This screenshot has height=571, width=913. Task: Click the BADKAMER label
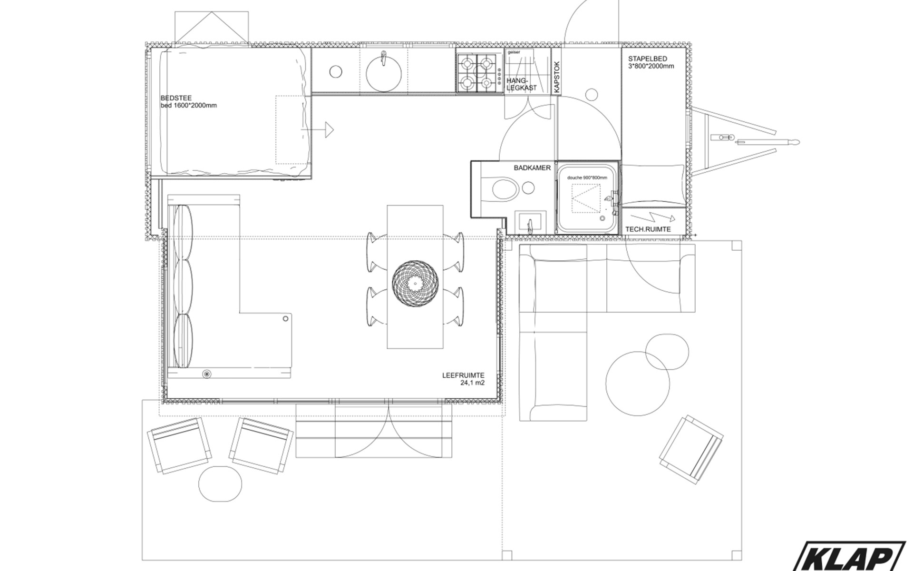click(x=532, y=168)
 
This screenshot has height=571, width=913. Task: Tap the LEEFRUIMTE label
click(x=463, y=375)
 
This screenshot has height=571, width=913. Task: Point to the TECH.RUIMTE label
click(x=648, y=229)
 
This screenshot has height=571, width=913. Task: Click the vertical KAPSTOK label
click(x=557, y=77)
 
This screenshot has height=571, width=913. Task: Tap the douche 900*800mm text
click(x=587, y=177)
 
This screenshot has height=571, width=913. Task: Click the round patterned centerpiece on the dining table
click(x=415, y=284)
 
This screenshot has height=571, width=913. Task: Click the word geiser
click(x=514, y=52)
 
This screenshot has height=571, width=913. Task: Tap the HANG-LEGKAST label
click(x=521, y=84)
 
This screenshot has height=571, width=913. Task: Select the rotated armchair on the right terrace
click(x=691, y=450)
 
